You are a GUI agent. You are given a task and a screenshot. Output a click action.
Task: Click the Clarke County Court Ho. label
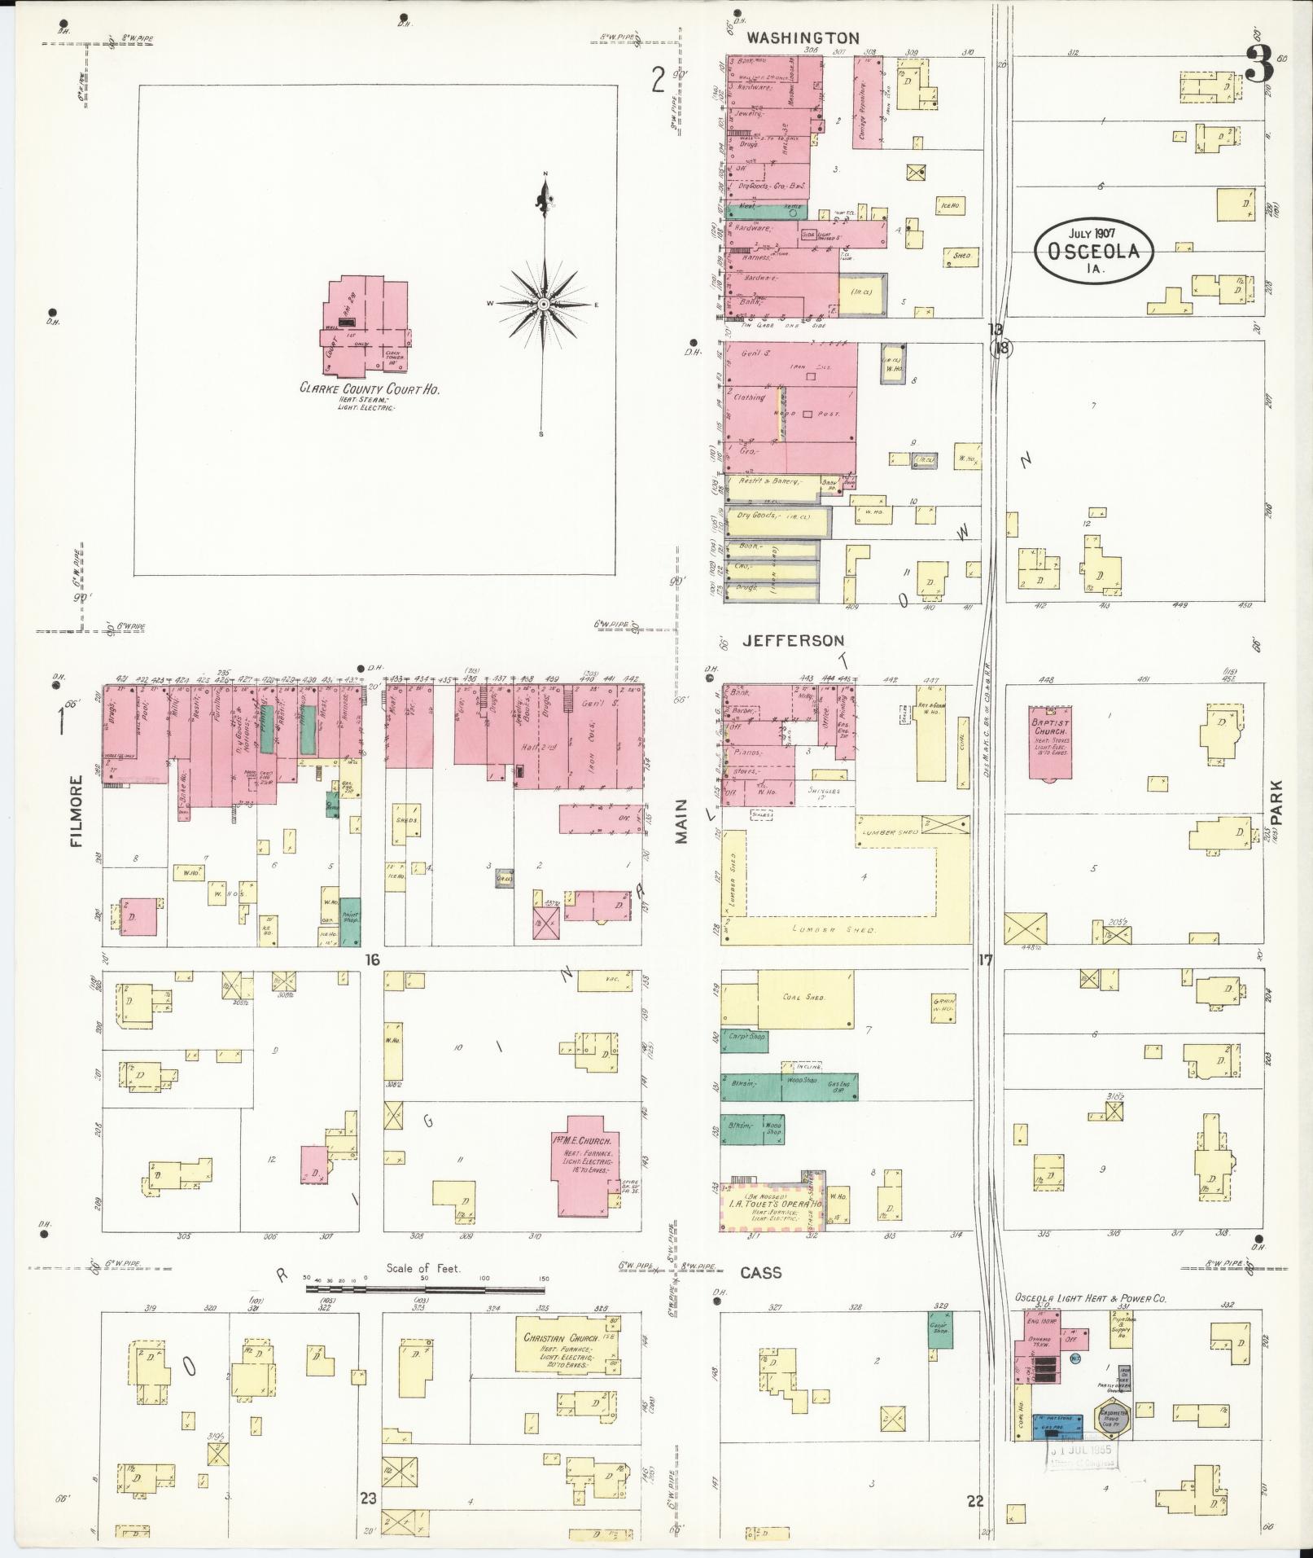click(370, 390)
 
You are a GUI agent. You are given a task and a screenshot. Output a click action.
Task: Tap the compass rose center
click(543, 304)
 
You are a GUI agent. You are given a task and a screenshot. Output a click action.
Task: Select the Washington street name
click(803, 38)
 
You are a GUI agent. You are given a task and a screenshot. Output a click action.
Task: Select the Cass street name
click(761, 1272)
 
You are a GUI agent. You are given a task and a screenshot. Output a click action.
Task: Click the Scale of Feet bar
click(425, 1288)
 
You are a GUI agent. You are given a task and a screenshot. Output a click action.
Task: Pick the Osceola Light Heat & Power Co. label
click(1089, 1298)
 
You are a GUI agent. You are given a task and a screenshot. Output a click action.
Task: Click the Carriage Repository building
click(869, 103)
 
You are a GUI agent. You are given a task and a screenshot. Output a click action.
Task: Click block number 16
click(372, 960)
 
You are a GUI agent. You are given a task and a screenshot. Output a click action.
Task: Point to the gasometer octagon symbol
click(1112, 1421)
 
